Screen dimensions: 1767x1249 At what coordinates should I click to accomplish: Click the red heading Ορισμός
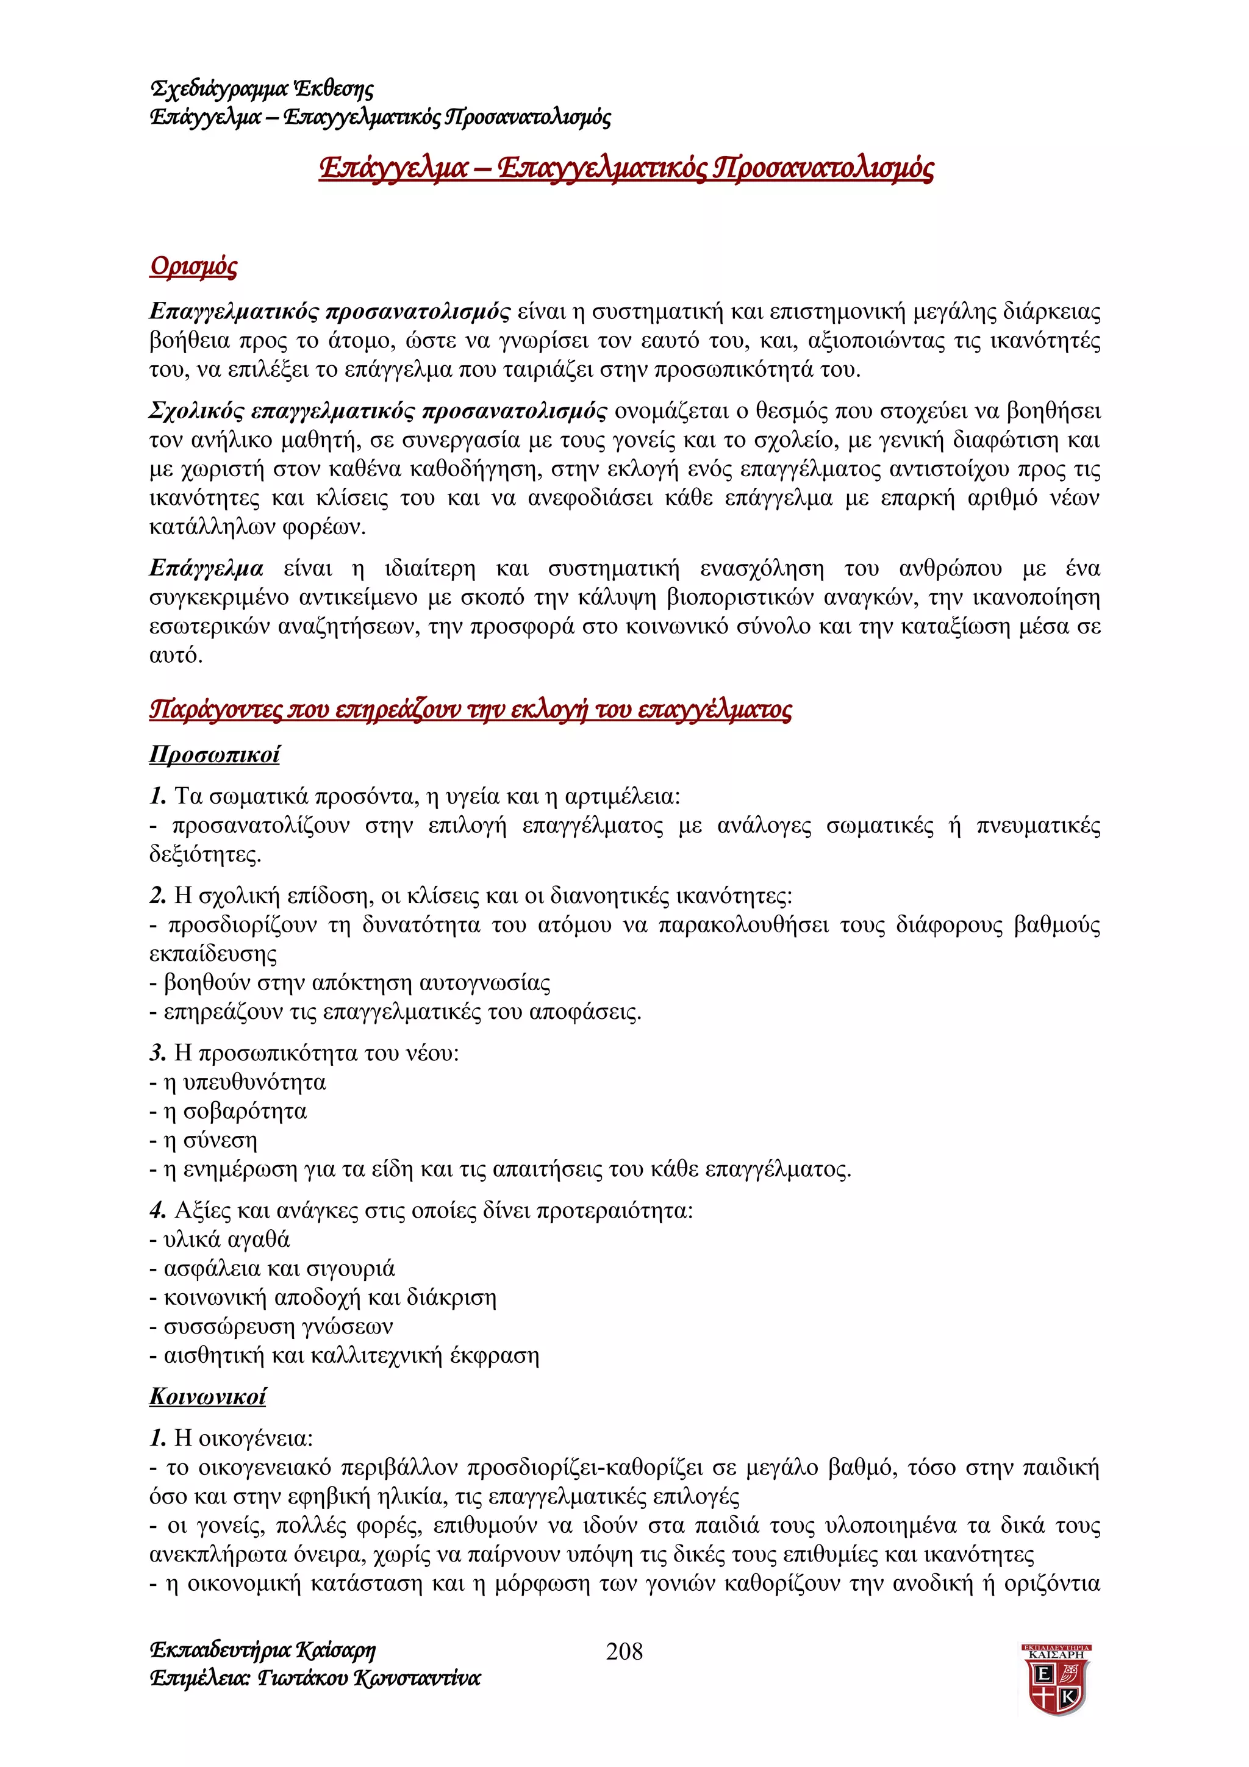click(193, 266)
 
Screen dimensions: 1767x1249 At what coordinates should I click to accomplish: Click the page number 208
click(624, 1651)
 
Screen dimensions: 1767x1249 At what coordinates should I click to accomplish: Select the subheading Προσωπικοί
click(214, 754)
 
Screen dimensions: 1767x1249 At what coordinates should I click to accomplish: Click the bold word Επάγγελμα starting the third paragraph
click(206, 569)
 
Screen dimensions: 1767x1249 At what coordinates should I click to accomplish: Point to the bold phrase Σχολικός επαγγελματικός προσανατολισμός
click(377, 411)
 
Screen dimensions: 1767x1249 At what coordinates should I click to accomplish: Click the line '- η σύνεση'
click(203, 1141)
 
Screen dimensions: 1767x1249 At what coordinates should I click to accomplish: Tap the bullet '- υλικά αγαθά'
click(220, 1240)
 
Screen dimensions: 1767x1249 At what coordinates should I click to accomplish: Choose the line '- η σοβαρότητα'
click(228, 1112)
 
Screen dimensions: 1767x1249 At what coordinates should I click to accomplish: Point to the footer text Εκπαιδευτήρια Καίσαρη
click(262, 1650)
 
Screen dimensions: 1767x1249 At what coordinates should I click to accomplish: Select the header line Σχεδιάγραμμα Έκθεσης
click(262, 88)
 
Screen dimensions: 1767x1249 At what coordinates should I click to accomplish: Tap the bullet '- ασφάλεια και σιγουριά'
click(271, 1268)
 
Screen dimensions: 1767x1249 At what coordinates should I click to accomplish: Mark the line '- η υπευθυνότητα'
click(237, 1083)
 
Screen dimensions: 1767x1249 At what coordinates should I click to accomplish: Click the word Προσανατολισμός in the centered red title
click(823, 167)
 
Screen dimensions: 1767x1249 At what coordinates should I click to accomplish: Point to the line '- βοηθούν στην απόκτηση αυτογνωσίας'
click(349, 983)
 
